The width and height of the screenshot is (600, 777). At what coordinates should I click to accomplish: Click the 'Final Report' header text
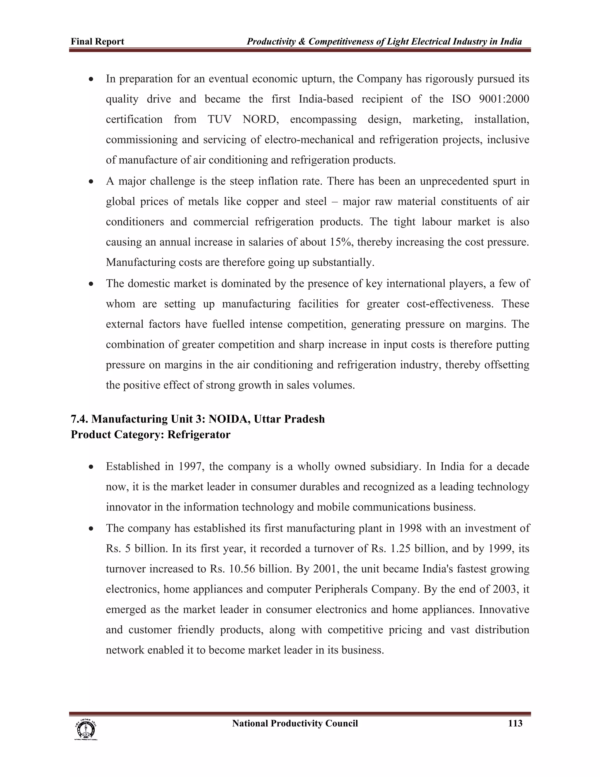click(x=97, y=42)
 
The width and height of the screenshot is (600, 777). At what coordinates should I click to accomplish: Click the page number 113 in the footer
click(x=515, y=723)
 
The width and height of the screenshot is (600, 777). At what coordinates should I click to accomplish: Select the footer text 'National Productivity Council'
click(x=295, y=723)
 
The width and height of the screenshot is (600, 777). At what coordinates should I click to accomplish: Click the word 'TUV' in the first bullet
click(x=219, y=119)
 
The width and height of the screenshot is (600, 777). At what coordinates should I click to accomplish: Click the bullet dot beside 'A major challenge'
click(x=91, y=182)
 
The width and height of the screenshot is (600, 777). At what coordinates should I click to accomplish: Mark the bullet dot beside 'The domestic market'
click(x=91, y=284)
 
